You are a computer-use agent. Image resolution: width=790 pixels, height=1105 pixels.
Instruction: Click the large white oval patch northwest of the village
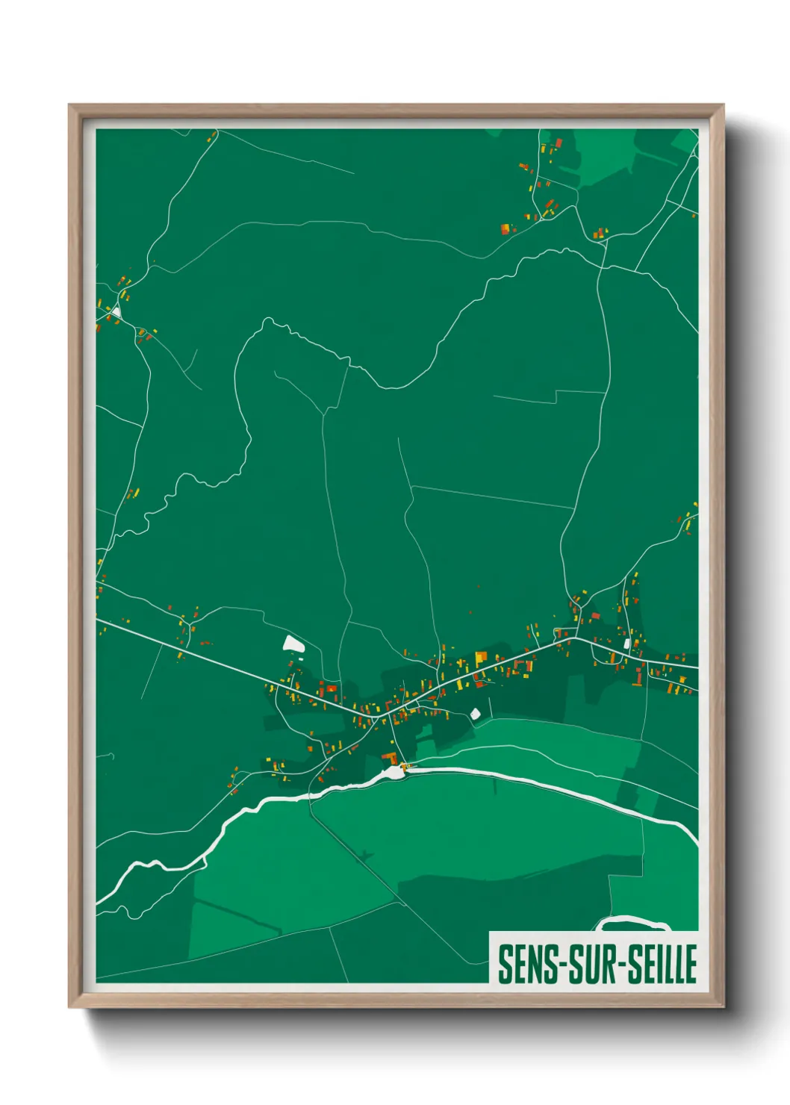(x=293, y=644)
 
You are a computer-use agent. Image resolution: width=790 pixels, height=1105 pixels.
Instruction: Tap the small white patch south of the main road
(x=475, y=714)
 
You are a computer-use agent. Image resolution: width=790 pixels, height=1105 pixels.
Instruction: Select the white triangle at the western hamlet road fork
(x=116, y=311)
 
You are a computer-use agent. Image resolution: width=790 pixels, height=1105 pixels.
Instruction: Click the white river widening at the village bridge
(x=394, y=771)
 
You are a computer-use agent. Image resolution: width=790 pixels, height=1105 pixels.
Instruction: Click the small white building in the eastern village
(x=626, y=644)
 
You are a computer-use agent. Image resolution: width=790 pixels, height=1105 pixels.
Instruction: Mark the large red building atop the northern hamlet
(x=558, y=143)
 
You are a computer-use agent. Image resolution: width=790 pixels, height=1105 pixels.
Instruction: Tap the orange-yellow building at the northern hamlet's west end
(x=506, y=228)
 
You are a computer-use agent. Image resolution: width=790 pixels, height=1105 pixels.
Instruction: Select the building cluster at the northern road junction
(x=599, y=234)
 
